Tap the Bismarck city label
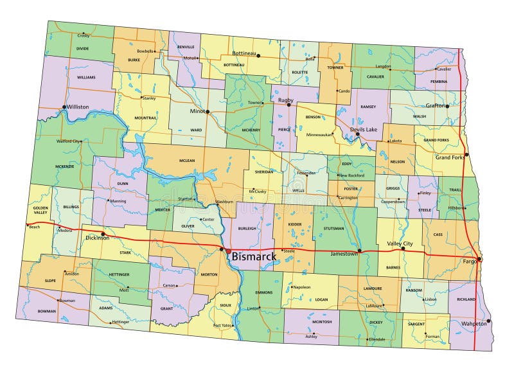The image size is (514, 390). pyautogui.click(x=254, y=257)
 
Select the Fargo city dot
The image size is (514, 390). pyautogui.click(x=479, y=259)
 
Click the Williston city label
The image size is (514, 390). pyautogui.click(x=77, y=107)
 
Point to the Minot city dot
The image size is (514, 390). pyautogui.click(x=208, y=112)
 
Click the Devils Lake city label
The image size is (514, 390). pyautogui.click(x=364, y=130)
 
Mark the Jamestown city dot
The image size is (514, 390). pyautogui.click(x=359, y=251)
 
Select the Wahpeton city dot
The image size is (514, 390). pyautogui.click(x=488, y=321)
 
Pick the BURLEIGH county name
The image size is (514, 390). pyautogui.click(x=247, y=228)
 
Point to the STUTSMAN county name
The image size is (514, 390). pyautogui.click(x=335, y=227)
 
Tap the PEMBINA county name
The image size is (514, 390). pyautogui.click(x=438, y=82)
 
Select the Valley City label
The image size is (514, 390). pyautogui.click(x=399, y=244)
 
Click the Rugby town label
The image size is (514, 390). pyautogui.click(x=285, y=100)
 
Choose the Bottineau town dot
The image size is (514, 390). pyautogui.click(x=258, y=56)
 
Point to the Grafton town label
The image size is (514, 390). pyautogui.click(x=434, y=105)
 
